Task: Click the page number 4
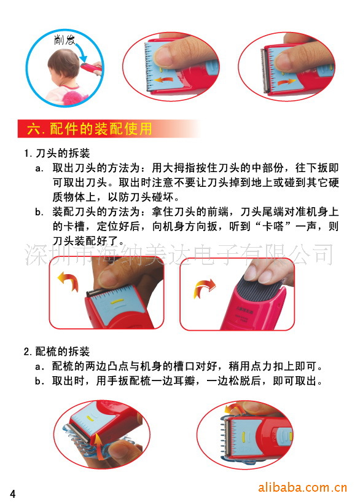click(13, 494)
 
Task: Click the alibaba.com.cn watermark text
click(302, 487)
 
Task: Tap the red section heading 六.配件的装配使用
click(90, 129)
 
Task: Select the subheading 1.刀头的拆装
click(57, 153)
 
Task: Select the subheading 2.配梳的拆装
click(57, 352)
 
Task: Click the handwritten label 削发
click(65, 40)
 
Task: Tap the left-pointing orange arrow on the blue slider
click(162, 80)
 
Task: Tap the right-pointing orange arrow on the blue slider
click(286, 82)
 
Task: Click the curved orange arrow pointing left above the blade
click(68, 281)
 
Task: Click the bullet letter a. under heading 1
click(39, 168)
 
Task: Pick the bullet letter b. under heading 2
click(39, 381)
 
